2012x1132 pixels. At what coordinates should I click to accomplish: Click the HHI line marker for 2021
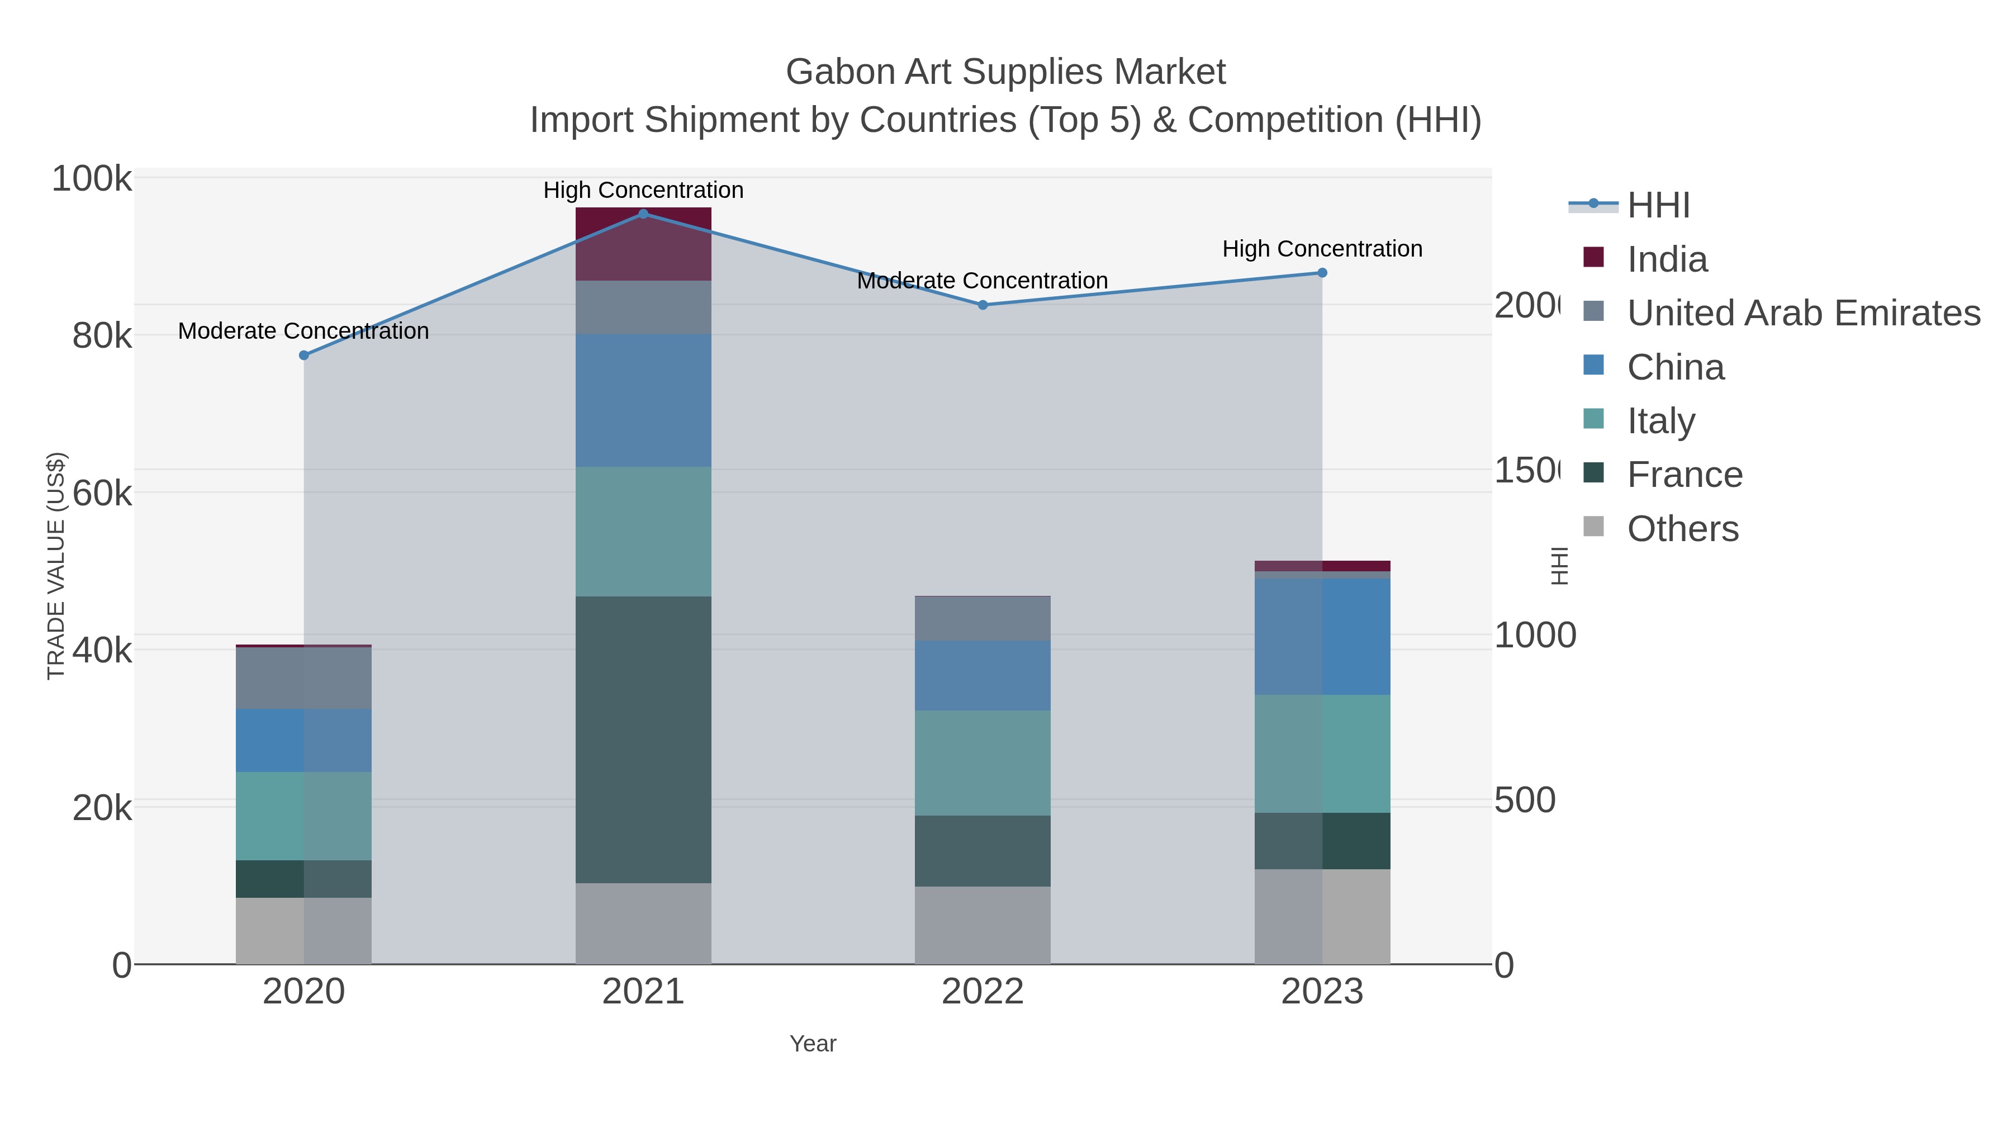click(x=643, y=214)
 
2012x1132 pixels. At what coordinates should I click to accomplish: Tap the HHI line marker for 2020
click(x=304, y=356)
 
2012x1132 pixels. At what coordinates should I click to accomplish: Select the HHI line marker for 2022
click(x=983, y=305)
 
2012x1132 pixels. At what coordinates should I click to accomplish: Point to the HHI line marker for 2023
click(x=1322, y=273)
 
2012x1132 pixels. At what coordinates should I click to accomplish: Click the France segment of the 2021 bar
click(x=643, y=739)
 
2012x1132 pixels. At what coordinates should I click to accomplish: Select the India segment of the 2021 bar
click(x=643, y=244)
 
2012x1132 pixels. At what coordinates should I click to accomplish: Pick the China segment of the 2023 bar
click(x=1322, y=637)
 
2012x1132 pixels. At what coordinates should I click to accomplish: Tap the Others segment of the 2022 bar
click(x=983, y=925)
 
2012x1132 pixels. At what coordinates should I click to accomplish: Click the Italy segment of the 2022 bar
click(x=983, y=763)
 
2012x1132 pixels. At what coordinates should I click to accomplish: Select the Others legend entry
click(x=1682, y=529)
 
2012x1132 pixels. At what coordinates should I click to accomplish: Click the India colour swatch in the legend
click(x=1593, y=257)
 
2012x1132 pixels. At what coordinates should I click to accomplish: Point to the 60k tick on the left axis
click(x=102, y=494)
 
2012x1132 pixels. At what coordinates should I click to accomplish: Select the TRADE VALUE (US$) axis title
click(x=56, y=566)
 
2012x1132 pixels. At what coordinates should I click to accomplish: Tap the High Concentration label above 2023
click(x=1322, y=249)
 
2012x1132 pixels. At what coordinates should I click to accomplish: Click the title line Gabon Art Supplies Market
click(x=1005, y=72)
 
